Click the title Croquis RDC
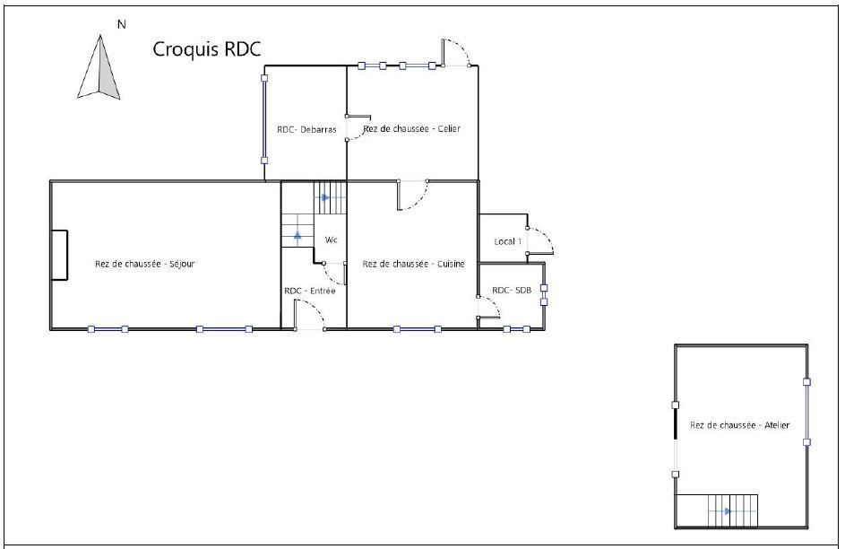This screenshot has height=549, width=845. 207,49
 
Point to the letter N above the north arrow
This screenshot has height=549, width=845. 122,24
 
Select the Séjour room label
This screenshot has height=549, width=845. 144,264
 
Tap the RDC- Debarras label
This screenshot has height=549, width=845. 306,129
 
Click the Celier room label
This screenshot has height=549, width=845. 411,129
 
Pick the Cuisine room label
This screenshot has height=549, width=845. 413,264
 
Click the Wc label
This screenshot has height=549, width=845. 331,240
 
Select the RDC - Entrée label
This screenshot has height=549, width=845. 310,291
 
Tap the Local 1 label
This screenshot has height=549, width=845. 508,241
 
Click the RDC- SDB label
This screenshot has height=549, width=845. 512,290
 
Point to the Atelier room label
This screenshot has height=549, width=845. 739,425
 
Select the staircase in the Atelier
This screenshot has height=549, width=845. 717,510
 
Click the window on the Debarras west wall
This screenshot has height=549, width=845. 264,119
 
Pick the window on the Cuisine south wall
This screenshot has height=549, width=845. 417,329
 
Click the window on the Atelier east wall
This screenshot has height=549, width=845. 806,412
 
